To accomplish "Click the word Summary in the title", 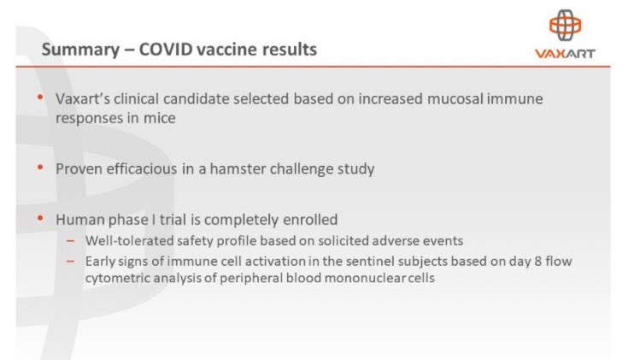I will (79, 50).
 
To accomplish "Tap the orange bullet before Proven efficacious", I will (39, 168).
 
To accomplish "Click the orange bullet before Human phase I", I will (39, 218).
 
